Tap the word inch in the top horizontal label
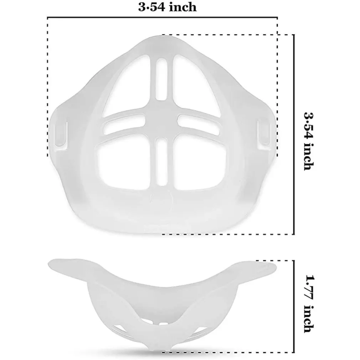[181, 7]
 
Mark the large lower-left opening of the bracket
[125, 162]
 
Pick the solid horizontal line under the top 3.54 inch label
[162, 17]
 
